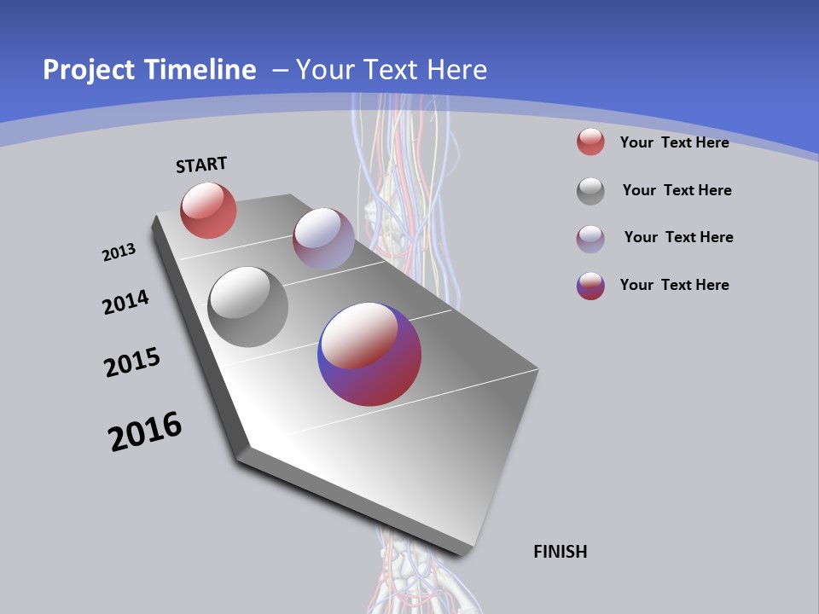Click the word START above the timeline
coord(201,165)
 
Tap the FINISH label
coord(561,552)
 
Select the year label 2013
coord(119,252)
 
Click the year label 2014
coord(126,303)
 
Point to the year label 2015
coord(132,362)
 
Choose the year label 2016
coord(145,432)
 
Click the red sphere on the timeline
coord(208,210)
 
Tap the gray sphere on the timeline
coord(248,307)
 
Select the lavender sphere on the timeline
coord(323,239)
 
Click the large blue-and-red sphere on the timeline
coord(369,354)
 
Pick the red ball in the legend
coord(590,142)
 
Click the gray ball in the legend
coord(590,191)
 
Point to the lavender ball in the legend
coord(590,238)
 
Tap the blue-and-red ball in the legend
coord(590,286)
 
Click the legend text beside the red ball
coord(674,142)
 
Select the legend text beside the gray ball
coord(677,190)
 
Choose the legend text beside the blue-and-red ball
coord(674,285)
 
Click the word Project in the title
coord(89,70)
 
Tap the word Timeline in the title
coord(201,70)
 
